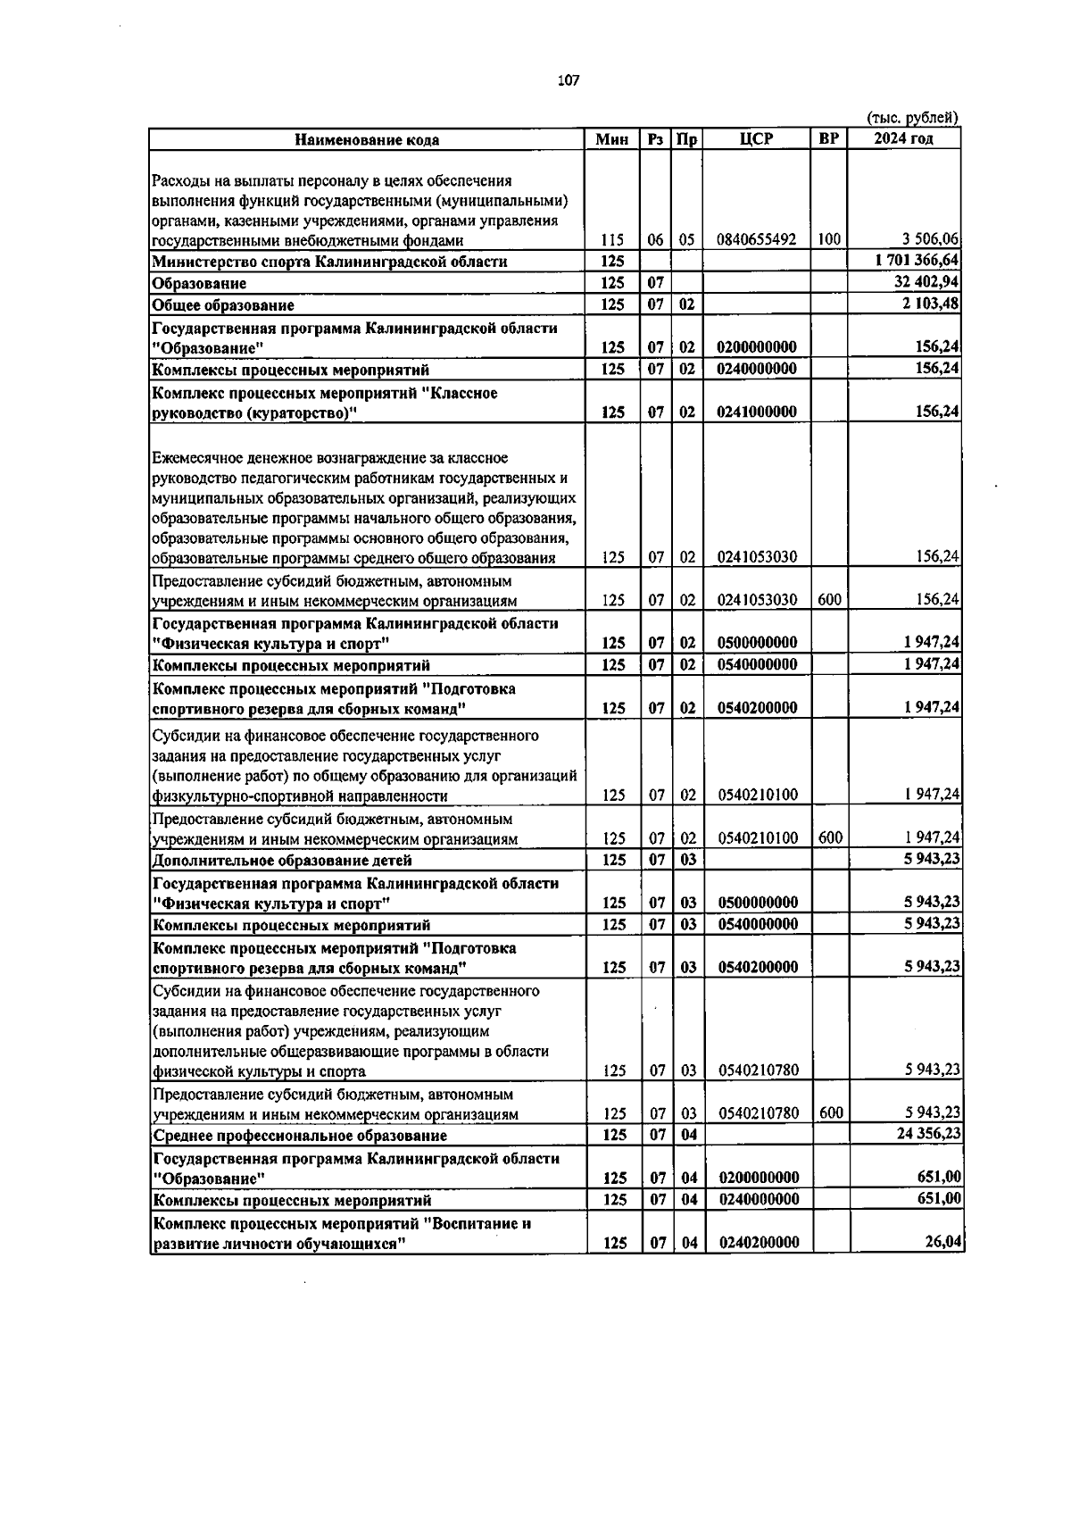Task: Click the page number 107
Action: (x=568, y=80)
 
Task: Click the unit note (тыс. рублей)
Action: (x=912, y=118)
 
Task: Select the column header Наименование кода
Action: (x=367, y=139)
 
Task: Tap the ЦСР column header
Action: (x=756, y=139)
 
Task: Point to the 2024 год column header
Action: (x=903, y=139)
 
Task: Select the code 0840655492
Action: (x=756, y=239)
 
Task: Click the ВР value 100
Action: (x=829, y=239)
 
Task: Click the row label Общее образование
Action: (x=223, y=305)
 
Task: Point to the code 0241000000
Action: (x=757, y=412)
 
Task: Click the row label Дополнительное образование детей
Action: (x=282, y=861)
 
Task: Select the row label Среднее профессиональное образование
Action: (x=300, y=1136)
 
